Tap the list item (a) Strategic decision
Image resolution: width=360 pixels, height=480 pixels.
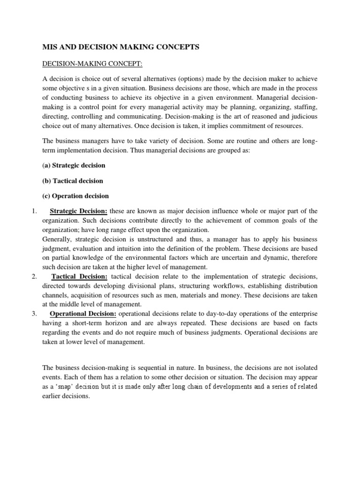click(x=74, y=165)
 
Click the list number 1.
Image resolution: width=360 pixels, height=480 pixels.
click(x=34, y=210)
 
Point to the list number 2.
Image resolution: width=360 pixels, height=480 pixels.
click(x=34, y=276)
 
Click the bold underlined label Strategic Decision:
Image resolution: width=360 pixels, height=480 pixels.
click(x=79, y=210)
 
